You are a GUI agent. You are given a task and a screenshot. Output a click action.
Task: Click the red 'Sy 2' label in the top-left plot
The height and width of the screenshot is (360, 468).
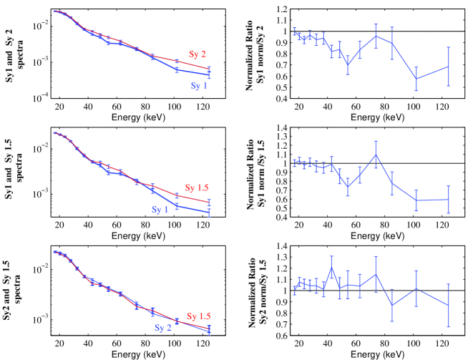pyautogui.click(x=198, y=53)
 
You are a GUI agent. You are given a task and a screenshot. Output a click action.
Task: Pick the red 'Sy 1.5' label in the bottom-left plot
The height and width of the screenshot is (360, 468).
pyautogui.click(x=200, y=316)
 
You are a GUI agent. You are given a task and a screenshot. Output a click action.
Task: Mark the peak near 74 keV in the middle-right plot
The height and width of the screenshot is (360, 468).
pyautogui.click(x=376, y=155)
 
